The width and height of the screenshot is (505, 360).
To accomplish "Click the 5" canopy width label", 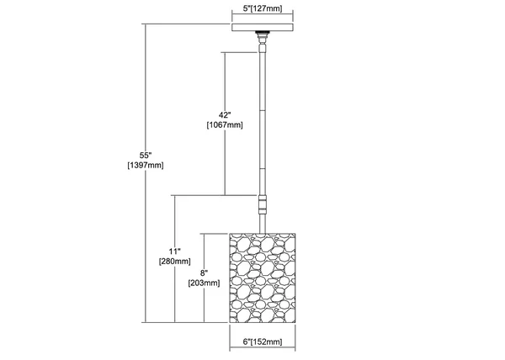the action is [x=247, y=8].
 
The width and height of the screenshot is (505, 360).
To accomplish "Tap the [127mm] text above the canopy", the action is [x=266, y=8].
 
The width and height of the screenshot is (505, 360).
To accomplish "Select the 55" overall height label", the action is [x=146, y=156].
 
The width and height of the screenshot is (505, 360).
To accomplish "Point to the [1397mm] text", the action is [x=146, y=166].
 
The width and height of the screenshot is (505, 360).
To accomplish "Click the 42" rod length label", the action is [x=225, y=115].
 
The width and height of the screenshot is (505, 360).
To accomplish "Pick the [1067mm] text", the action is [x=225, y=124].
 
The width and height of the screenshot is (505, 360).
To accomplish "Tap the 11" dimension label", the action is [x=175, y=251].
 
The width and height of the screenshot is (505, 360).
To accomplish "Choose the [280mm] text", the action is [x=175, y=262].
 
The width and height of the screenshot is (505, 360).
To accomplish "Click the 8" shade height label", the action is [x=203, y=273].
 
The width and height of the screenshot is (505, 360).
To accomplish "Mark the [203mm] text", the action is [x=205, y=283].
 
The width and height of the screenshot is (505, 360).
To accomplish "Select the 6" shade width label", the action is [x=247, y=341].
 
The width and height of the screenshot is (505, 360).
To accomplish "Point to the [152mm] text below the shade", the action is [x=266, y=341].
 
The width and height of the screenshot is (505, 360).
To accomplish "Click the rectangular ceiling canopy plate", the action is [x=263, y=28].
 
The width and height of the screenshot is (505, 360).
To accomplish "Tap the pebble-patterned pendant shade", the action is [x=262, y=278].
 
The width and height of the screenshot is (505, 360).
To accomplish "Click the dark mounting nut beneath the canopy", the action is [x=263, y=33].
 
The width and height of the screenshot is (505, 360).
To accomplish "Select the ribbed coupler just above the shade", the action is [x=263, y=204].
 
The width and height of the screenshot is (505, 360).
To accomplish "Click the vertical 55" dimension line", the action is [x=146, y=173].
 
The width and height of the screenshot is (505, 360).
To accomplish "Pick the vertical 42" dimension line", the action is [x=225, y=124].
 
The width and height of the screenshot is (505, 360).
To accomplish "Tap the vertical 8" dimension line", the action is [x=205, y=278].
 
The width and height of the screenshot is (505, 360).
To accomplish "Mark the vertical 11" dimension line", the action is [x=175, y=259].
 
